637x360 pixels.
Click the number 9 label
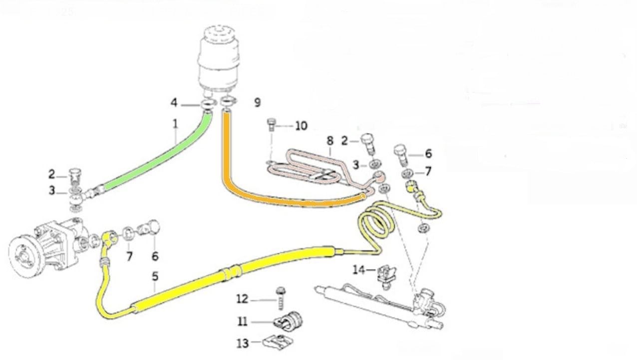[257, 102]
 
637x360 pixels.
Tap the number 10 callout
[301, 125]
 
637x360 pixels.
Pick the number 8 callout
[329, 141]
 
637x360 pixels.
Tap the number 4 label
[174, 103]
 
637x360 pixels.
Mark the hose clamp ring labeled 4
[207, 104]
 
